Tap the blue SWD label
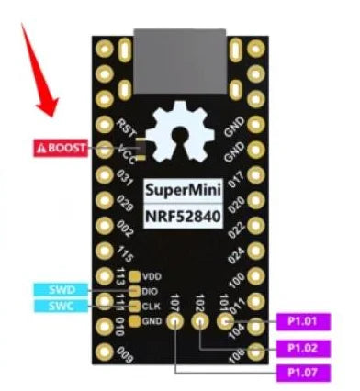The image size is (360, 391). click(62, 290)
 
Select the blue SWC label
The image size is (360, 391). click(62, 305)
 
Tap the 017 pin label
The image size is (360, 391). click(235, 175)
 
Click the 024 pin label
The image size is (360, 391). click(235, 251)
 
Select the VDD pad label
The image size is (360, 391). click(150, 275)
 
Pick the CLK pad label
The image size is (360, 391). click(150, 307)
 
